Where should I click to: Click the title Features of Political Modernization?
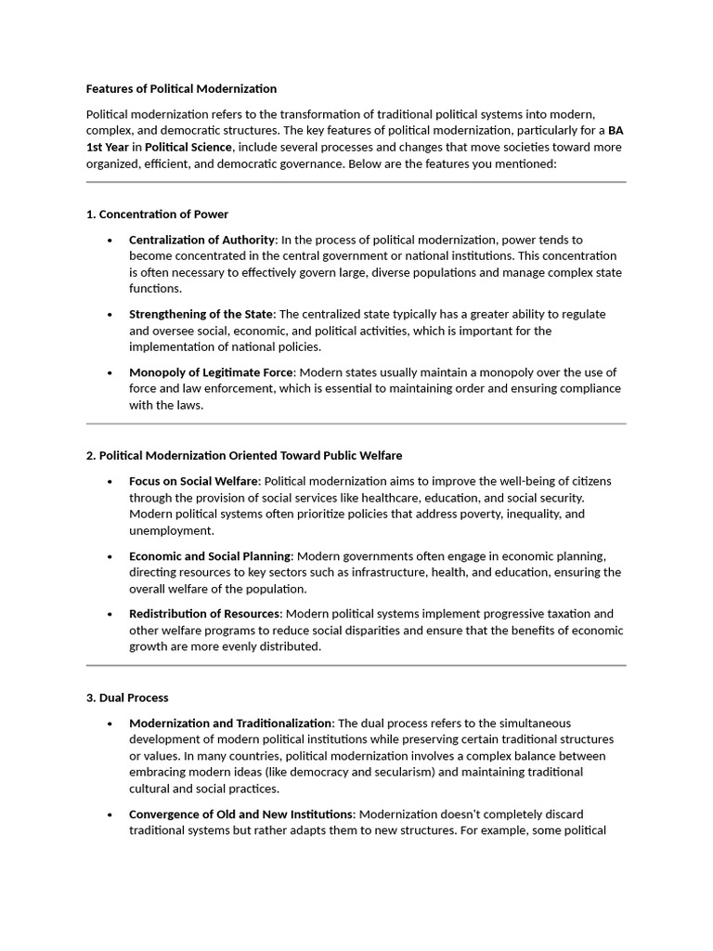tap(181, 89)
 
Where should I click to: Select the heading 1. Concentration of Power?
tap(157, 215)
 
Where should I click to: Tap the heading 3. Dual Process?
tap(127, 697)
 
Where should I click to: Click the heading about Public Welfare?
tap(243, 456)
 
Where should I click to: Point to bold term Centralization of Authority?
tap(201, 240)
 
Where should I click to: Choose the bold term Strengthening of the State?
tap(201, 314)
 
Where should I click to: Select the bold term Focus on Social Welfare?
tap(195, 481)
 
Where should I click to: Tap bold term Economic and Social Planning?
tap(210, 555)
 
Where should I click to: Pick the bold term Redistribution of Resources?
tap(204, 614)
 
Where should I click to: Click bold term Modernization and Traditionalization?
tap(230, 723)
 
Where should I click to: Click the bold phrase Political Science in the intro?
tap(188, 148)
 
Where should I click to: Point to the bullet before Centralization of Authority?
tap(109, 240)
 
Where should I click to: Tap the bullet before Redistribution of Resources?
tap(109, 614)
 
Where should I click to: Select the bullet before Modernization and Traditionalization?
tap(109, 723)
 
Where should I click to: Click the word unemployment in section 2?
tap(171, 530)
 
